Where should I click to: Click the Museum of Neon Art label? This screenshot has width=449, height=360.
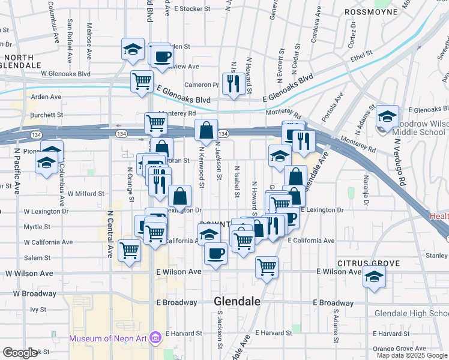pos(108,338)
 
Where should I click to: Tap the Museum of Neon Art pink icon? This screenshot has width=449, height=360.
pos(155,338)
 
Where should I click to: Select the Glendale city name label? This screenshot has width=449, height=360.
pos(237,302)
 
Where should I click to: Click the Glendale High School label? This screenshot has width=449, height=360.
pos(411,314)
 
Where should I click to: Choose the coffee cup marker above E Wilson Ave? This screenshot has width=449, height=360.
pos(215,252)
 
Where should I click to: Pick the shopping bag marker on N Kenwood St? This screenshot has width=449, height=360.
pos(206,130)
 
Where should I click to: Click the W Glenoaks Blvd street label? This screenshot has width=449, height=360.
pos(65,74)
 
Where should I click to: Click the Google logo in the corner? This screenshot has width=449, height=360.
pos(20,353)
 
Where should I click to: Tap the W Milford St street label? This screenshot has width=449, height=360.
pos(86,194)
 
